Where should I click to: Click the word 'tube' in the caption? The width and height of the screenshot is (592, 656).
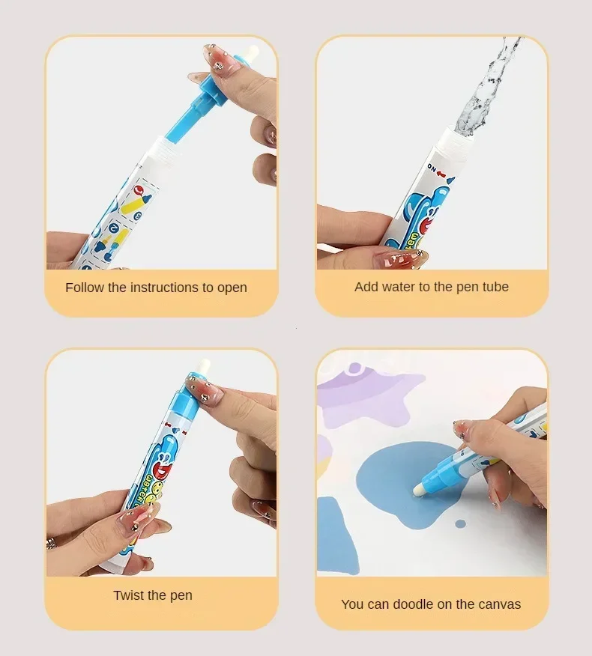tap(495, 287)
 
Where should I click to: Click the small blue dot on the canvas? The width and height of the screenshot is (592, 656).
tap(460, 522)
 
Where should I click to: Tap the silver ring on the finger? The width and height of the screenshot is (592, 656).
tap(50, 541)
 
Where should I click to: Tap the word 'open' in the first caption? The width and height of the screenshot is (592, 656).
tap(232, 288)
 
